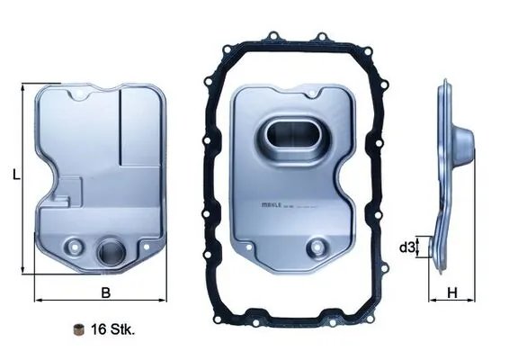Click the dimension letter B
(104, 292)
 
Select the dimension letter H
(453, 292)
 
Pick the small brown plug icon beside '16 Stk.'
(79, 328)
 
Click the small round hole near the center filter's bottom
(316, 247)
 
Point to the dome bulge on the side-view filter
(463, 143)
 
